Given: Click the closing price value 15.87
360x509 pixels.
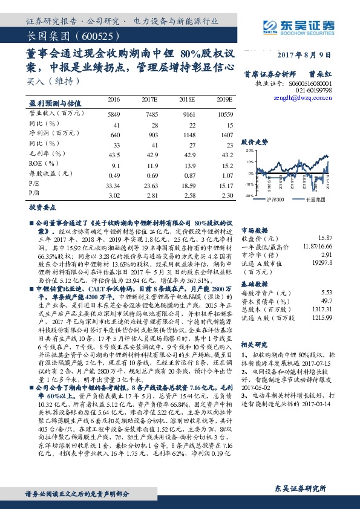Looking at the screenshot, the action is (x=325, y=239).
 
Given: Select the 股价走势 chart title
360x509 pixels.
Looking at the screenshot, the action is (x=254, y=141).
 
